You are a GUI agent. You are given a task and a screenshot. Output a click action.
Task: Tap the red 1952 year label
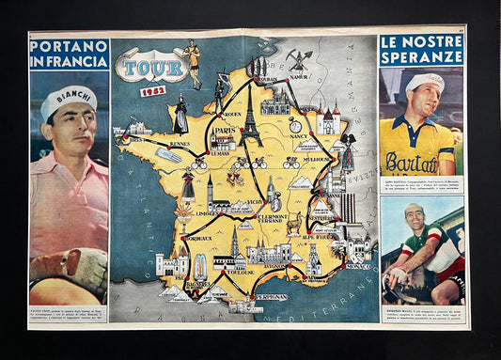tap(152, 91)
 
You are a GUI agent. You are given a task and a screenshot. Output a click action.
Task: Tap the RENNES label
tap(180, 144)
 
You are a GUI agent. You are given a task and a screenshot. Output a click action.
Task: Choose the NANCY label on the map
tap(298, 135)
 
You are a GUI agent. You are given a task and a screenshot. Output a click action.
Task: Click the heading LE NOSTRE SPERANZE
tap(421, 50)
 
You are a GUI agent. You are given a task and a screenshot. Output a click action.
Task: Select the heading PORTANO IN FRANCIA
tap(69, 55)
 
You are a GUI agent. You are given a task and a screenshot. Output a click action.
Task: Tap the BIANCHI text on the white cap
tap(69, 96)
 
